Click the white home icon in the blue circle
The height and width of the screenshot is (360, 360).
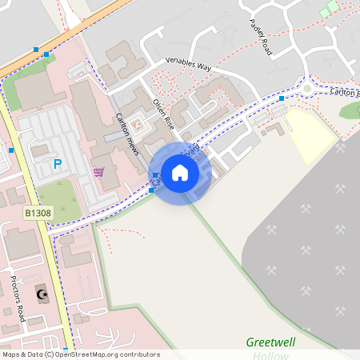click(x=180, y=172)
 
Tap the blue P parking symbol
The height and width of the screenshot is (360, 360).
click(x=57, y=164)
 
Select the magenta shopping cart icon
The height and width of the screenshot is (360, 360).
click(x=98, y=171)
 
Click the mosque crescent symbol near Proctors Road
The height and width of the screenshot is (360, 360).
click(x=42, y=295)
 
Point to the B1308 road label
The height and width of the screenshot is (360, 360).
click(x=37, y=214)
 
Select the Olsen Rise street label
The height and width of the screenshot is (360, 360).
click(x=164, y=114)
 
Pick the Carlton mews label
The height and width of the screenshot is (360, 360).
click(x=127, y=134)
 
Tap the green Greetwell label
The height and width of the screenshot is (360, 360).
click(x=270, y=342)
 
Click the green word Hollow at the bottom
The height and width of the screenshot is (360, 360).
click(x=270, y=354)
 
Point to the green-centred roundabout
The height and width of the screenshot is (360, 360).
click(x=307, y=88)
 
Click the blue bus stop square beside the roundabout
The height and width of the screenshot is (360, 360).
click(x=282, y=98)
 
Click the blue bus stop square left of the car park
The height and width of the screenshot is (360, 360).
click(x=11, y=150)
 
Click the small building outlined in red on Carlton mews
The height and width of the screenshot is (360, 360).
click(x=135, y=126)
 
